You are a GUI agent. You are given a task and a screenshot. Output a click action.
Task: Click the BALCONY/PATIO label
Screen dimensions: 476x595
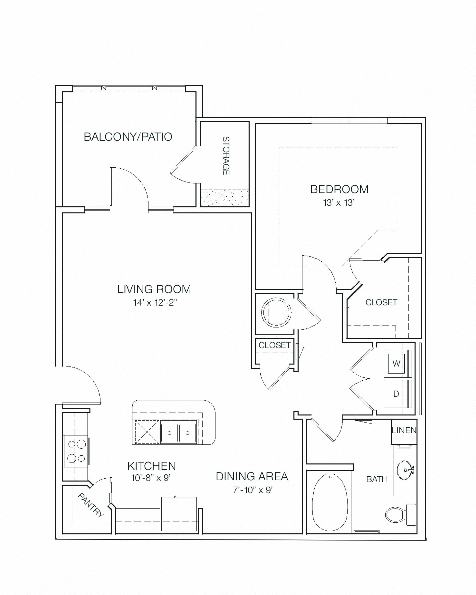128,137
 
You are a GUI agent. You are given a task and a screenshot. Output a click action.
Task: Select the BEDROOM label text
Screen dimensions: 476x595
339,189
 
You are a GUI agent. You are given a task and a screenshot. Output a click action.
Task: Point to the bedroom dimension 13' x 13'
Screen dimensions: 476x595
339,203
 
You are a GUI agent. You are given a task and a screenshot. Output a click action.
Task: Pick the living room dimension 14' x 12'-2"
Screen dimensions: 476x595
155,303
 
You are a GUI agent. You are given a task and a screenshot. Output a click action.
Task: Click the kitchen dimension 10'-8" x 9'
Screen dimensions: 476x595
151,478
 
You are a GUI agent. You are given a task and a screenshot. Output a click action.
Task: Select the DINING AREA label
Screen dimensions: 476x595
252,476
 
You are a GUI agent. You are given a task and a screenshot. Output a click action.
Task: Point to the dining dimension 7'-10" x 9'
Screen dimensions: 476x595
253,490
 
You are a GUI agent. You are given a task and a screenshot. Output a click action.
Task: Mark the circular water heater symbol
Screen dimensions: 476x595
276,313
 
